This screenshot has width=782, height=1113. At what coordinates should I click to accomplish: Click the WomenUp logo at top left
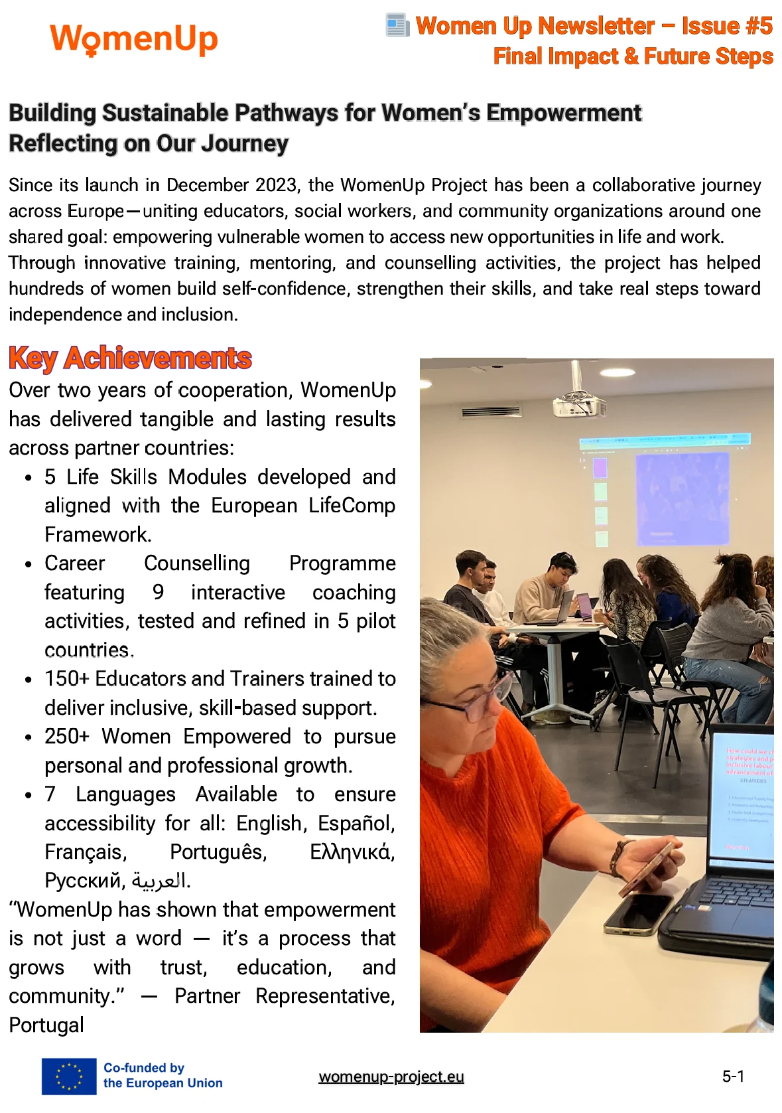[x=133, y=38]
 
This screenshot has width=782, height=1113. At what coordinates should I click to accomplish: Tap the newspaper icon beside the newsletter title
[x=397, y=25]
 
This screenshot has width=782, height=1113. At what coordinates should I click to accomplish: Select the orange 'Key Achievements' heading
[x=130, y=358]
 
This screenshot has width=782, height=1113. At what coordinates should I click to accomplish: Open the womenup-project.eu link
[x=391, y=1076]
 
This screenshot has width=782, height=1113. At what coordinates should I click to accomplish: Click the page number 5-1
[x=733, y=1076]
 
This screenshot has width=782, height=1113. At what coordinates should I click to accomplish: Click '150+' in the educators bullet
[x=66, y=679]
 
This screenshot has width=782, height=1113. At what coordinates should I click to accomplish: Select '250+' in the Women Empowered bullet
[x=66, y=737]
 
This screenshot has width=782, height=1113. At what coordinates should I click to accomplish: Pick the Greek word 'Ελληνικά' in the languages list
[x=352, y=852]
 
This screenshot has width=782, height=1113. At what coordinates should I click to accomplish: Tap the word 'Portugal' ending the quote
[x=46, y=1025]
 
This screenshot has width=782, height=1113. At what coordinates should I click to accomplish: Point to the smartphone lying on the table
[x=639, y=913]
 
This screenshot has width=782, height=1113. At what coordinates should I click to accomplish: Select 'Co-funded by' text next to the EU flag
[x=144, y=1068]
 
